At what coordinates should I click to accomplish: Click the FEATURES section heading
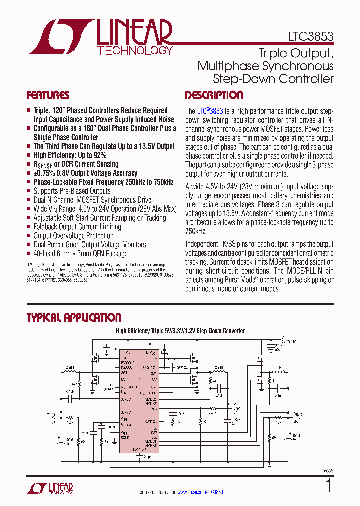[x=48, y=95]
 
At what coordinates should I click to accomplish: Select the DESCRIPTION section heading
[x=214, y=95]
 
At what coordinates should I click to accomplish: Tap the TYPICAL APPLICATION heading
[x=74, y=318]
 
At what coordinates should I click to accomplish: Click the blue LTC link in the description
[x=202, y=111]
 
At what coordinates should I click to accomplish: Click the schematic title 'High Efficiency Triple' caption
[x=141, y=331]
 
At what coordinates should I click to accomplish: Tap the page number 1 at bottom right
[x=328, y=486]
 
